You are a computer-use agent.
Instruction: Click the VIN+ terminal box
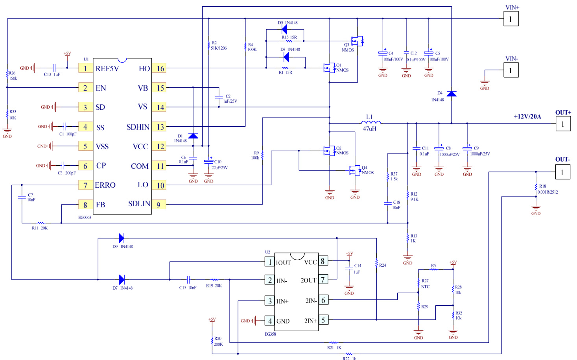click(511, 19)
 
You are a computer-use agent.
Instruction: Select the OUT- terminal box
click(562, 172)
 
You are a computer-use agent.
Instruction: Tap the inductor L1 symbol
click(371, 123)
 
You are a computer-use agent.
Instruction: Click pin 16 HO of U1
click(159, 68)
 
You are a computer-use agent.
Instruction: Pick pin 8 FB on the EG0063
click(85, 205)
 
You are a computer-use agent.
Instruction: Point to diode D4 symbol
click(452, 94)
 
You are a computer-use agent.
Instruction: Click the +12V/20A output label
click(527, 116)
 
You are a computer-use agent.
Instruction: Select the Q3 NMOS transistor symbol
click(357, 41)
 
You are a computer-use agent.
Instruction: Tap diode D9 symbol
click(122, 238)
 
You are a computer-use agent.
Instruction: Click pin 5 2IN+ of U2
click(323, 320)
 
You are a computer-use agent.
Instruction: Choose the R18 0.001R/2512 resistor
click(536, 188)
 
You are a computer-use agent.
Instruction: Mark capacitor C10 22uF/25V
click(208, 161)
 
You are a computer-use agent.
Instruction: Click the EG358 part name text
click(270, 334)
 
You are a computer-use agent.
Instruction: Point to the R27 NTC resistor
click(418, 283)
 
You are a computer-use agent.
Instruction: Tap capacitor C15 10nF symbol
click(188, 280)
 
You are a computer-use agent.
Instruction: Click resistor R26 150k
click(7, 74)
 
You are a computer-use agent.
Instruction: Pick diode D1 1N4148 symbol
click(193, 136)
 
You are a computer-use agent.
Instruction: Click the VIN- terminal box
click(511, 70)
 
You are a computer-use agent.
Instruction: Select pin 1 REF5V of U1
click(85, 68)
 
